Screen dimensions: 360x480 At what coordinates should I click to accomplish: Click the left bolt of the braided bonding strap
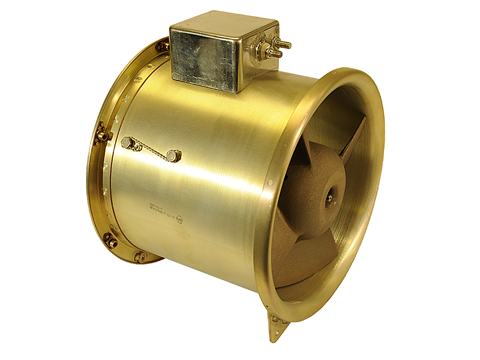pyautogui.click(x=127, y=142)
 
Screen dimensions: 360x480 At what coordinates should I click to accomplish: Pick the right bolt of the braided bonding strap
pyautogui.click(x=173, y=155)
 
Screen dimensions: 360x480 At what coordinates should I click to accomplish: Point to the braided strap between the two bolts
pyautogui.click(x=150, y=150)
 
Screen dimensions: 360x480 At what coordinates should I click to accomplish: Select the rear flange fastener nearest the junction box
pyautogui.click(x=161, y=46)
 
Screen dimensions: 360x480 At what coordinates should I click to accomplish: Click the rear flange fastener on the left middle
pyautogui.click(x=101, y=135)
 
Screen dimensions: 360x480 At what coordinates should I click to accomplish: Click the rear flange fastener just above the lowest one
pyautogui.click(x=110, y=241)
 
